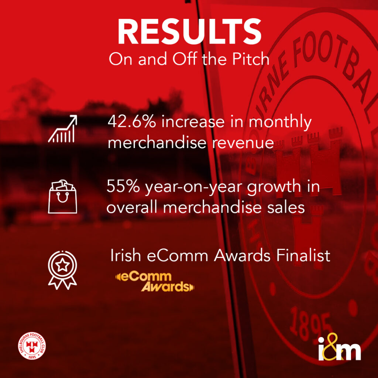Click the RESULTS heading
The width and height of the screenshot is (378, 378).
pyautogui.click(x=189, y=31)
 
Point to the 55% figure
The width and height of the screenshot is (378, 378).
pyautogui.click(x=123, y=186)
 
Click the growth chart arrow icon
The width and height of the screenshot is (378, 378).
pyautogui.click(x=62, y=129)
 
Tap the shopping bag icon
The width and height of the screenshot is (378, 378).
pyautogui.click(x=62, y=196)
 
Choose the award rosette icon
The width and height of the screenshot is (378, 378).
pyautogui.click(x=62, y=270)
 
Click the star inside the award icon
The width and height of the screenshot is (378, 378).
pyautogui.click(x=62, y=265)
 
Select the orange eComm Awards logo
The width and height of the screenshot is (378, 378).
pyautogui.click(x=155, y=282)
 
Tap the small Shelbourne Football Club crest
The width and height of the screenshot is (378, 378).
pyautogui.click(x=32, y=346)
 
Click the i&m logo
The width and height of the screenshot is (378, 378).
pyautogui.click(x=340, y=347)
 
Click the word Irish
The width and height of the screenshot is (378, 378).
pyautogui.click(x=126, y=255)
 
